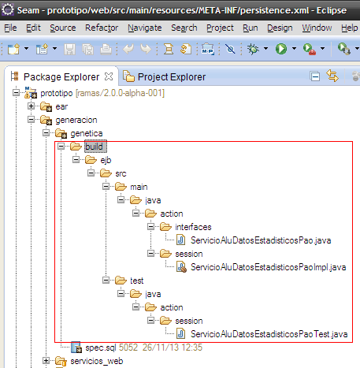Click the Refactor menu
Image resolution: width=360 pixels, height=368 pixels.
(102, 28)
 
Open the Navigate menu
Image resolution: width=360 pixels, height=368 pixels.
(145, 28)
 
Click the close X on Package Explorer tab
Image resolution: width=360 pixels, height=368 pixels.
(109, 76)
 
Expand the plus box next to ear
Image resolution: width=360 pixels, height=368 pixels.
(31, 106)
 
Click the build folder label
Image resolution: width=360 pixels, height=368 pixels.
(94, 147)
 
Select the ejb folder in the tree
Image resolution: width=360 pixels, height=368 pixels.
(106, 160)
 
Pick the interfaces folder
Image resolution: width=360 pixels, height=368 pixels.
(193, 227)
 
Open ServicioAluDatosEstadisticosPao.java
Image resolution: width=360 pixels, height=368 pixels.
(261, 240)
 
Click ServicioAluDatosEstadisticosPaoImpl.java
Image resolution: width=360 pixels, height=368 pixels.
(268, 267)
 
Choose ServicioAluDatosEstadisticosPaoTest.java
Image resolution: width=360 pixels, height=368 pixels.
(269, 334)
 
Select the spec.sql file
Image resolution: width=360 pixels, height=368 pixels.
(101, 348)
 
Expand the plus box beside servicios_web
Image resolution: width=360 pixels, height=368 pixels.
(46, 361)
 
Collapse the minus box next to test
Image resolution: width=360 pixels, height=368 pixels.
(106, 281)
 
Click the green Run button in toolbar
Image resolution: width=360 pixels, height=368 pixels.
(281, 49)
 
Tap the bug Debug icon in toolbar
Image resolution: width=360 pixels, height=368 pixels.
(253, 49)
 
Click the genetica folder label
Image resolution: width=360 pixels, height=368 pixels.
(87, 133)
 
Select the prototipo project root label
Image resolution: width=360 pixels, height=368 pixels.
(57, 93)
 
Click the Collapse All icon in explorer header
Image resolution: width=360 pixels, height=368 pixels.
(315, 76)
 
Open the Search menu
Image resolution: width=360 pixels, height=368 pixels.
(184, 28)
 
